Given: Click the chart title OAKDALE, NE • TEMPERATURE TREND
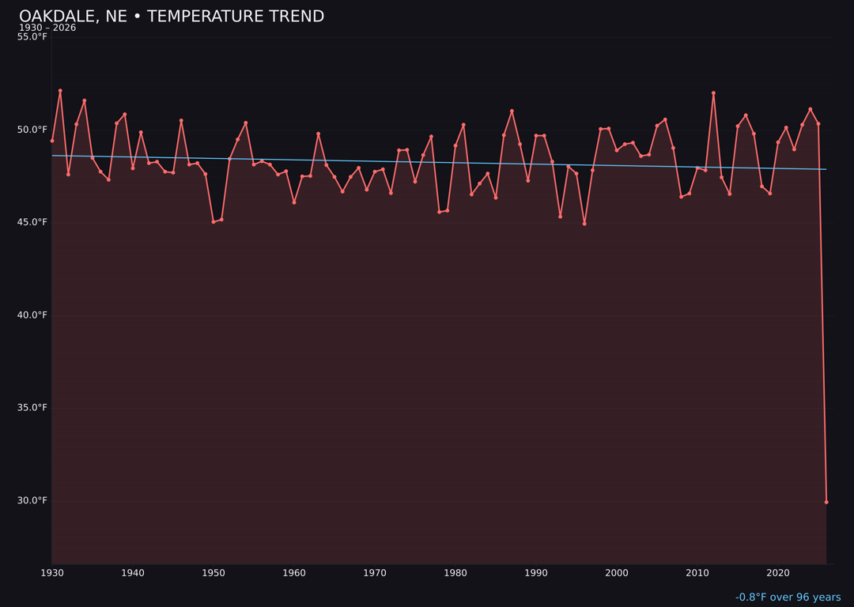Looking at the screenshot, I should click(x=172, y=17).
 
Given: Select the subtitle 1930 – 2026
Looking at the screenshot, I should click(x=47, y=28).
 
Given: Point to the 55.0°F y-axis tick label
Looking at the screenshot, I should click(x=32, y=37).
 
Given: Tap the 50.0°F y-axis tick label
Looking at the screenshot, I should click(x=32, y=130).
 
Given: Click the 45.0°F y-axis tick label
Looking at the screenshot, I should click(x=32, y=222).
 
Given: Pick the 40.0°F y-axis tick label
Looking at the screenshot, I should click(x=32, y=315).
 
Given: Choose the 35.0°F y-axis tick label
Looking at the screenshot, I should click(x=32, y=408).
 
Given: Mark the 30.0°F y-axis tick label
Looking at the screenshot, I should click(x=32, y=500).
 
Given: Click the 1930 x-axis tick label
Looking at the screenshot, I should click(x=52, y=573).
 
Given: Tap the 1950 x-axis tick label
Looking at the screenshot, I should click(x=213, y=573).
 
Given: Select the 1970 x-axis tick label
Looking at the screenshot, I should click(x=375, y=573).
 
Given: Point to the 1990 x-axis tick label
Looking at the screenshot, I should click(x=536, y=573).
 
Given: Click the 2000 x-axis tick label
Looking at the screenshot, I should click(x=617, y=573).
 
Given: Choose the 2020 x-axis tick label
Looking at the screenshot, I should click(x=778, y=573).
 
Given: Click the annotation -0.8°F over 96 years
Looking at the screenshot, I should click(x=788, y=598).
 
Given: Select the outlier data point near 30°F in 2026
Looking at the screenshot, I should click(x=826, y=502).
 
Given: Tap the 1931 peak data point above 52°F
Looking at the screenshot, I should click(x=60, y=91).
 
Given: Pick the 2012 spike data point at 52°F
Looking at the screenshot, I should click(x=713, y=93).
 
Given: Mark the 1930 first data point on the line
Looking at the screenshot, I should click(x=52, y=141).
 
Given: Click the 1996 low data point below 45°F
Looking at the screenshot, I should click(x=584, y=224).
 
